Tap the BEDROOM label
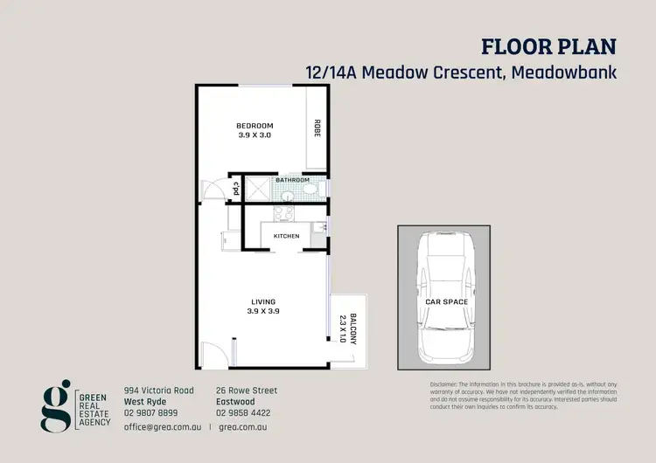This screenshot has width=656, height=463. click(x=255, y=125)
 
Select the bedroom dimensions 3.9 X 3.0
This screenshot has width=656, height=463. click(x=255, y=135)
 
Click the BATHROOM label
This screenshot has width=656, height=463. click(x=292, y=180)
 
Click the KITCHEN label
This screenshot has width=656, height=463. click(x=286, y=236)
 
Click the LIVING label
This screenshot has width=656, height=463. click(x=262, y=302)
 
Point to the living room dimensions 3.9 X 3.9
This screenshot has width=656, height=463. click(x=262, y=312)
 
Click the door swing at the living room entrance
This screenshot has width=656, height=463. click(x=210, y=356)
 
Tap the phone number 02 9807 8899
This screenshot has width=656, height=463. click(x=151, y=412)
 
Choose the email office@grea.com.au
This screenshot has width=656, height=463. click(x=163, y=428)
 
